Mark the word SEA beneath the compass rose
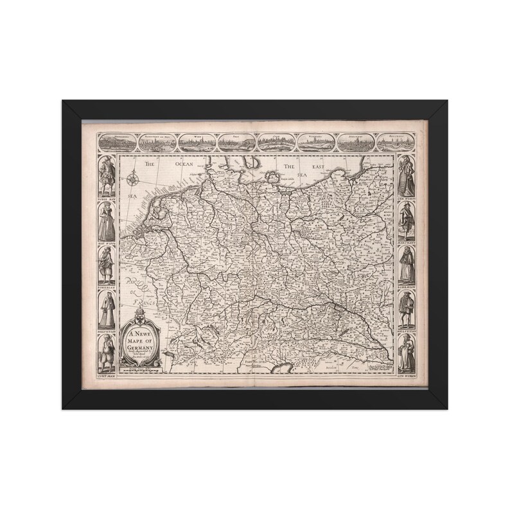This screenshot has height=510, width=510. tap(133, 193)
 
